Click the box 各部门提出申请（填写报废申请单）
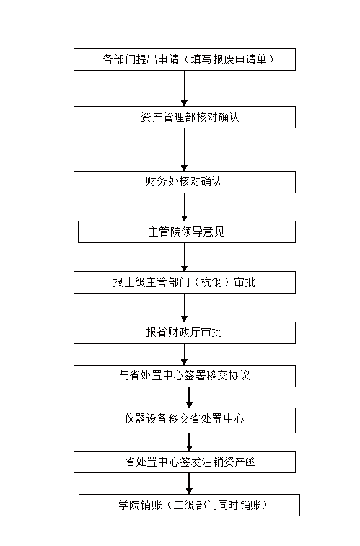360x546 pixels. click(185, 60)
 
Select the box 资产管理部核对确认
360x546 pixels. click(185, 118)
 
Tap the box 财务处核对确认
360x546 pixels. click(185, 182)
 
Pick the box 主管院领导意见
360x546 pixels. click(187, 232)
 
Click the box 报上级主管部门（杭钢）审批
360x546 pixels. click(185, 283)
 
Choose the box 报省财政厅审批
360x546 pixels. click(185, 333)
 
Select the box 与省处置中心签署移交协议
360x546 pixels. click(185, 376)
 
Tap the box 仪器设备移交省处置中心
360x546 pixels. click(185, 420)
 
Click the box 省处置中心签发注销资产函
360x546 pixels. click(185, 462)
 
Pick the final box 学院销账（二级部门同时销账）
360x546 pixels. click(189, 506)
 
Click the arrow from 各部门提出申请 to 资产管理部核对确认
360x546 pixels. click(185, 89)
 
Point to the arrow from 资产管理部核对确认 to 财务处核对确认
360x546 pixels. click(185, 150)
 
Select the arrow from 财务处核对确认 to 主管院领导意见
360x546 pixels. click(185, 207)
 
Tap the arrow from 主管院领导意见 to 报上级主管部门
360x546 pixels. click(185, 257)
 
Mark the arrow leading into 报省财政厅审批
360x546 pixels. click(185, 308)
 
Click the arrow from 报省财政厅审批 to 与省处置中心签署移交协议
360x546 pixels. click(185, 354)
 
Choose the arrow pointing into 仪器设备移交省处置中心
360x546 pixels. click(190, 397)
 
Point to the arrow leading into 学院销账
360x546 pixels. click(190, 484)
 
